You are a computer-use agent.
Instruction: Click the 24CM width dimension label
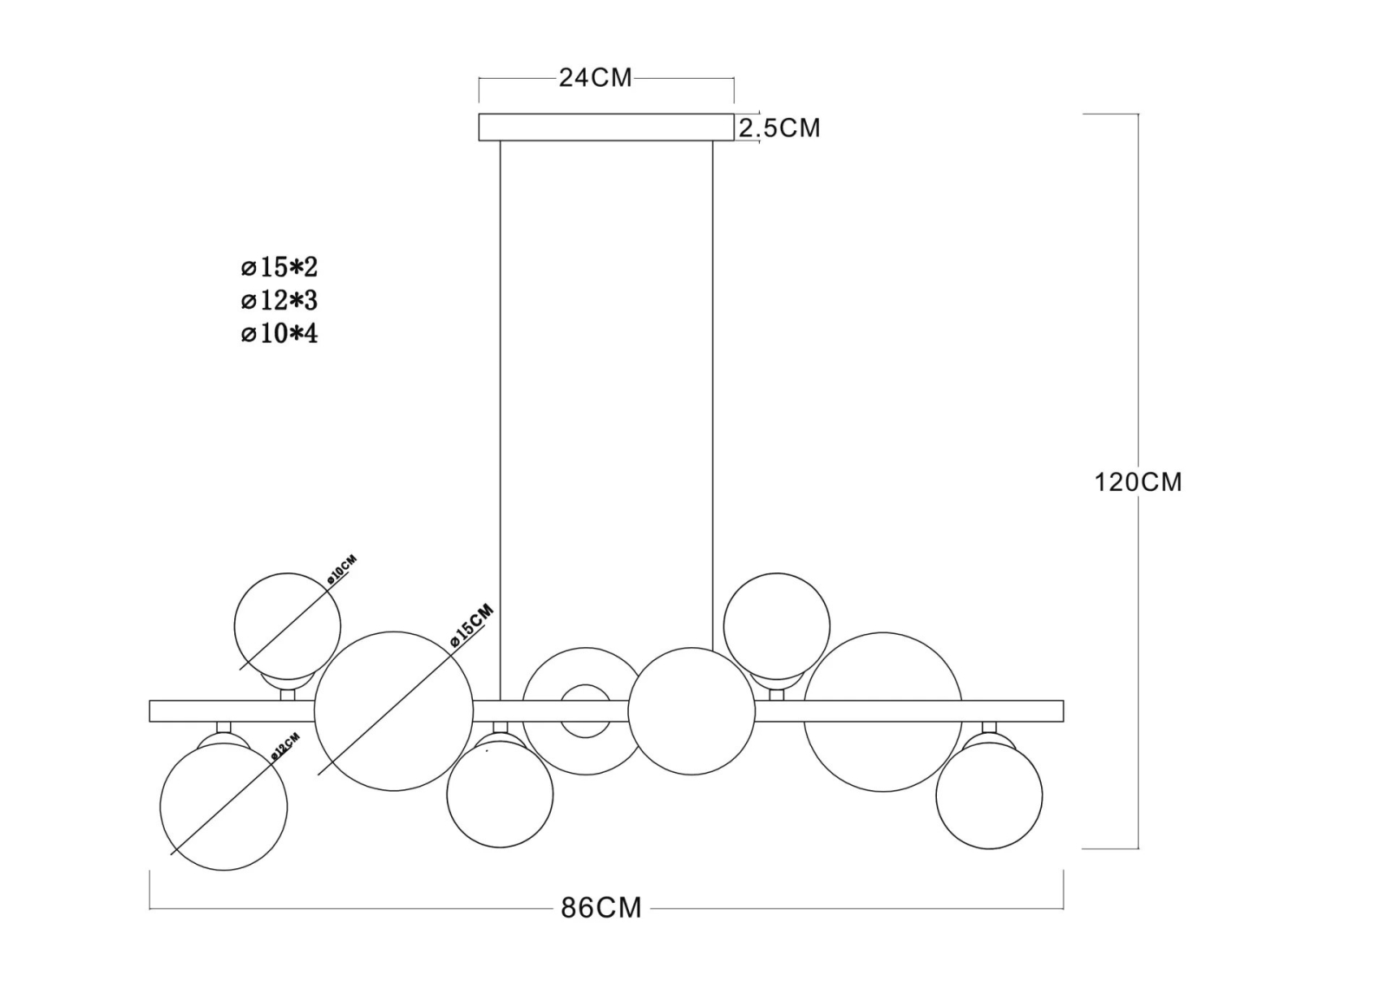[x=595, y=78]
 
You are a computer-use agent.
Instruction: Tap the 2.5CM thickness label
[x=780, y=128]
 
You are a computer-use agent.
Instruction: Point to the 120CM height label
[x=1138, y=482]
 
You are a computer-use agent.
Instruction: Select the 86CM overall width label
[x=601, y=908]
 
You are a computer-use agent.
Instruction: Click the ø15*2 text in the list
[x=279, y=267]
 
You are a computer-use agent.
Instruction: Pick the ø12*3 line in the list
[x=279, y=301]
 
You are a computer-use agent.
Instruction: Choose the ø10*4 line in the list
[x=279, y=334]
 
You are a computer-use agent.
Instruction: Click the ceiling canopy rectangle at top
[x=606, y=127]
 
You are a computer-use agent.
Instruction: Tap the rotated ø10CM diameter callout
[x=342, y=570]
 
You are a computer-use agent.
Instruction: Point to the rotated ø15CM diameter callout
[x=472, y=625]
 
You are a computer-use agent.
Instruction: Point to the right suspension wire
[x=712, y=396]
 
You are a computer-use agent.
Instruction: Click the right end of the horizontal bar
[x=1064, y=711]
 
